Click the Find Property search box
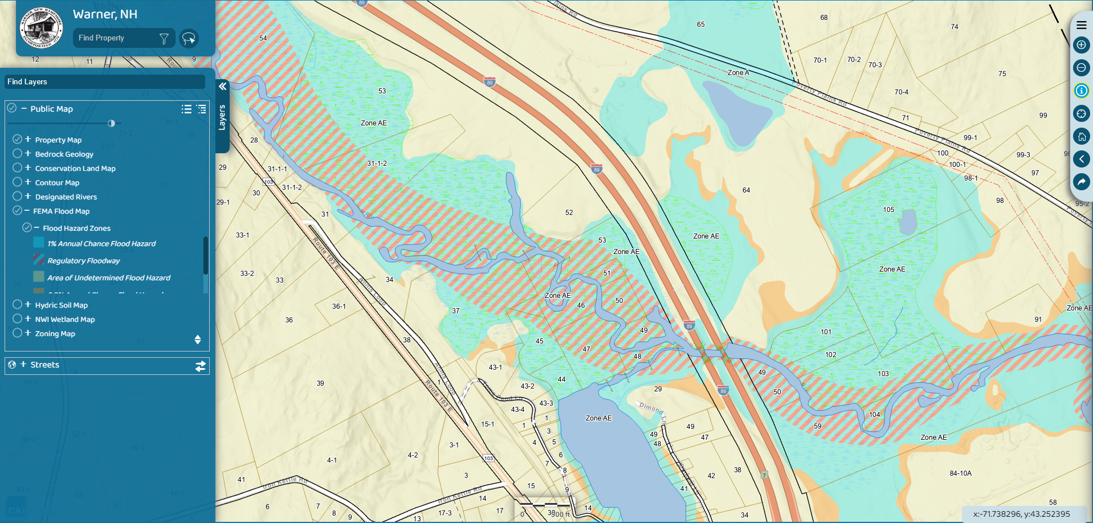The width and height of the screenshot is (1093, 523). (117, 38)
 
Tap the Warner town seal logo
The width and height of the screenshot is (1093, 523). (41, 27)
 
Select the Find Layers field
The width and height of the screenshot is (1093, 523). (105, 82)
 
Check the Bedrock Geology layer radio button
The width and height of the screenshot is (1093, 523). (18, 154)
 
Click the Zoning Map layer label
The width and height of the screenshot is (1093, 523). (55, 334)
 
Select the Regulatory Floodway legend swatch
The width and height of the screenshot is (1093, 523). (39, 260)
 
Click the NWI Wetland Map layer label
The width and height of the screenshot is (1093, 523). (65, 320)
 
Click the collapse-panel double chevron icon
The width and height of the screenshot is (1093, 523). (223, 87)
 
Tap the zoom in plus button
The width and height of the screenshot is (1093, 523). (1081, 45)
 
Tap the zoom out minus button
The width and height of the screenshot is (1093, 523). (1081, 68)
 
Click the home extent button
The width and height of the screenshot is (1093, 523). (1081, 136)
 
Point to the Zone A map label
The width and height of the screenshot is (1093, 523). (738, 73)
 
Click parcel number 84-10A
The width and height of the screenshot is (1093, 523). (960, 473)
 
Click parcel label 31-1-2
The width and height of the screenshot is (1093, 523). (377, 164)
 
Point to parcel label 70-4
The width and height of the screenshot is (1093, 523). (901, 92)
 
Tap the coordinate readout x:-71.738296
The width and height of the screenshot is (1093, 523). (1021, 514)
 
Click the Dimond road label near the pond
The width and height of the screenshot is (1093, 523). (651, 408)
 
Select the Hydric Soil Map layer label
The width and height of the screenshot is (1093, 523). (62, 305)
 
